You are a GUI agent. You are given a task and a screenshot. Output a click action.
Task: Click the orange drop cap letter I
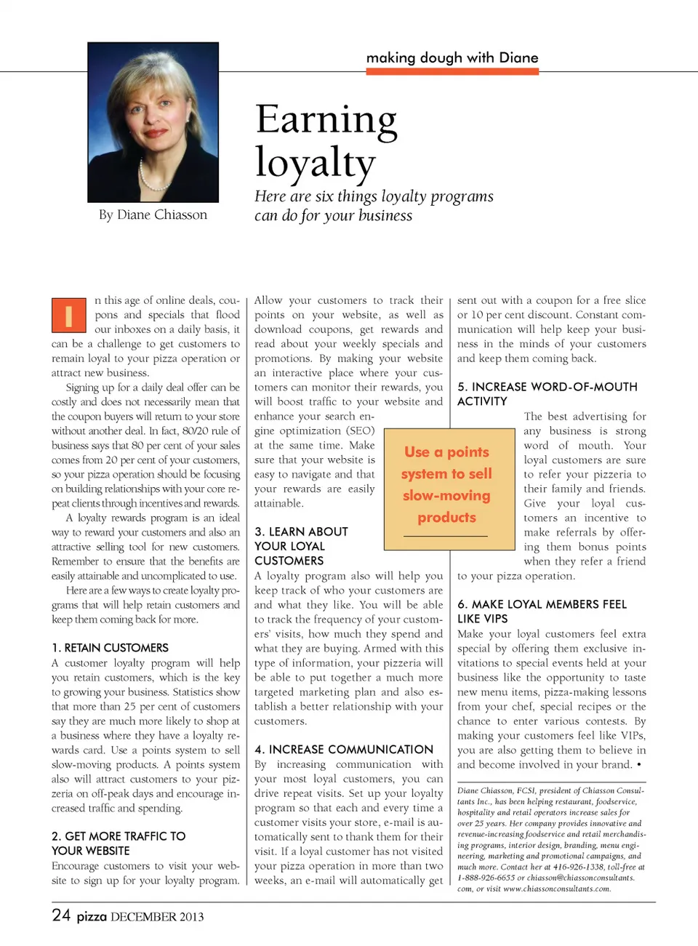tap(69, 316)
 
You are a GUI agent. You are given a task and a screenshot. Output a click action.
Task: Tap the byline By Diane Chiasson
tap(153, 215)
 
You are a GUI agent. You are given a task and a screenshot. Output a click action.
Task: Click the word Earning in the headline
tap(326, 120)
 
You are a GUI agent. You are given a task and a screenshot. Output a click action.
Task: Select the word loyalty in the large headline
tap(315, 162)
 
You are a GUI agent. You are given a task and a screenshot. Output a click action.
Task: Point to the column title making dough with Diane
tap(452, 57)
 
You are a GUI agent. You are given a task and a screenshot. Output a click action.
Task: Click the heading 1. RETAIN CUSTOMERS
tap(110, 648)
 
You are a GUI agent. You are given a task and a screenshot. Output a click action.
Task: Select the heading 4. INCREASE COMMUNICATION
tap(344, 750)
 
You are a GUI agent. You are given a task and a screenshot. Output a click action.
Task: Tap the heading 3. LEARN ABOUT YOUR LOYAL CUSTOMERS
tap(301, 546)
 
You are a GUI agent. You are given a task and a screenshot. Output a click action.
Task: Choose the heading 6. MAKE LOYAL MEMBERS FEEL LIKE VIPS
tap(542, 612)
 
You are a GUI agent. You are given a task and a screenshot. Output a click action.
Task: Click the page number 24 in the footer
tap(61, 915)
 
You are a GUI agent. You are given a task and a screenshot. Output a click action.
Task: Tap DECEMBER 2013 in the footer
tap(157, 917)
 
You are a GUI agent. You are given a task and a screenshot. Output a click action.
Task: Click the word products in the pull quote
tap(446, 518)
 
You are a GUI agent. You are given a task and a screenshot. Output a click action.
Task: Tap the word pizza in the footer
tap(92, 916)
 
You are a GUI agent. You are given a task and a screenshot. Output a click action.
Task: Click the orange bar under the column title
tap(452, 72)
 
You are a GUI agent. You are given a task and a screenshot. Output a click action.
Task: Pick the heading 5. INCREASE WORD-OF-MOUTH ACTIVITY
tap(547, 394)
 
